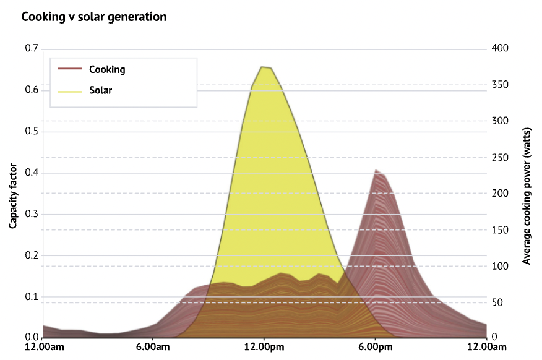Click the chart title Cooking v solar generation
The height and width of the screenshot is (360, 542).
coord(94,17)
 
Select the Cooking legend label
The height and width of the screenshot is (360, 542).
coord(107,69)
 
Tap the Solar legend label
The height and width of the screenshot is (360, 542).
coord(100,90)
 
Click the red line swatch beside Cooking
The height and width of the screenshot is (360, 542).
coord(69,69)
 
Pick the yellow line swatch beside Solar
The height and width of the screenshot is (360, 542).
coord(69,90)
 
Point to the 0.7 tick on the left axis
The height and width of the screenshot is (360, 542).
coord(30,48)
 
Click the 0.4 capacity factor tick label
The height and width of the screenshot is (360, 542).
coord(30,173)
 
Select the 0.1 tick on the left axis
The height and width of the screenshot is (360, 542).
coord(30,296)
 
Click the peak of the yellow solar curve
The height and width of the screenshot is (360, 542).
coord(264,66)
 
